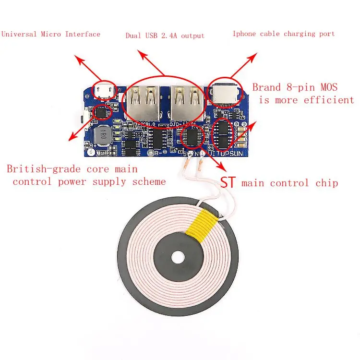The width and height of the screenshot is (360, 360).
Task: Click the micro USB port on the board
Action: click(103, 90)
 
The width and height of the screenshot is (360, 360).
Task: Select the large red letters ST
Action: click(229, 182)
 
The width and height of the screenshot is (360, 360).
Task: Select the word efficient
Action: click(328, 100)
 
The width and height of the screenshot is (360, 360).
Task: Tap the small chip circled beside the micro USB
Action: click(102, 112)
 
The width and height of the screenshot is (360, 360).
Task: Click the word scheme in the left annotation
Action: click(147, 181)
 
